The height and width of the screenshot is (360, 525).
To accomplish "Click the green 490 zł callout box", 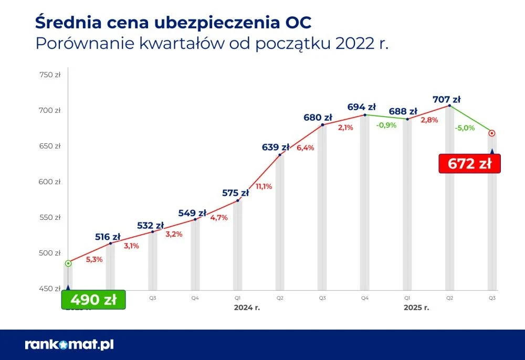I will pyautogui.click(x=93, y=300).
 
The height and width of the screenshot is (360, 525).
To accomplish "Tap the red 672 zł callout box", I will pyautogui.click(x=469, y=164).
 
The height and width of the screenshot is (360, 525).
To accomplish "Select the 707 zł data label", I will pyautogui.click(x=446, y=99).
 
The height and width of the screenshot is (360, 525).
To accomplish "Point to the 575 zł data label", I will pyautogui.click(x=235, y=193).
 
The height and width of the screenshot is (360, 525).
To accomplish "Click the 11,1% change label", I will pyautogui.click(x=264, y=186).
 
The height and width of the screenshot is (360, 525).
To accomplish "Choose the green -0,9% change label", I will pyautogui.click(x=386, y=125).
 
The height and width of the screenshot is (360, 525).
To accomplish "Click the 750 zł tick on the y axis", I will pyautogui.click(x=50, y=75).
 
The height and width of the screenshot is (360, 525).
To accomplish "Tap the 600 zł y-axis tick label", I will pyautogui.click(x=50, y=182).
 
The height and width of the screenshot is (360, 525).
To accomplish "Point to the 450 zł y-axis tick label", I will pyautogui.click(x=50, y=289).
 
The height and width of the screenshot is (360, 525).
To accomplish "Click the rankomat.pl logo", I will pyautogui.click(x=69, y=344).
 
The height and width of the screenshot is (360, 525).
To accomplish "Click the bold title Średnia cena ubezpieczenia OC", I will pyautogui.click(x=173, y=23).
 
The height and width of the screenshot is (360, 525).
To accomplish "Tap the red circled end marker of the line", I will pyautogui.click(x=491, y=133).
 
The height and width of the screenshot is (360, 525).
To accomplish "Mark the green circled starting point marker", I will pyautogui.click(x=68, y=263).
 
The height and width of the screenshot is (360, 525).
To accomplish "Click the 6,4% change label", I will pyautogui.click(x=306, y=148).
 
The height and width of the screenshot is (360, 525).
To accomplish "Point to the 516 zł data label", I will pyautogui.click(x=108, y=237).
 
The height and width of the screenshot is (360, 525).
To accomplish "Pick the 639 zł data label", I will pyautogui.click(x=276, y=147).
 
